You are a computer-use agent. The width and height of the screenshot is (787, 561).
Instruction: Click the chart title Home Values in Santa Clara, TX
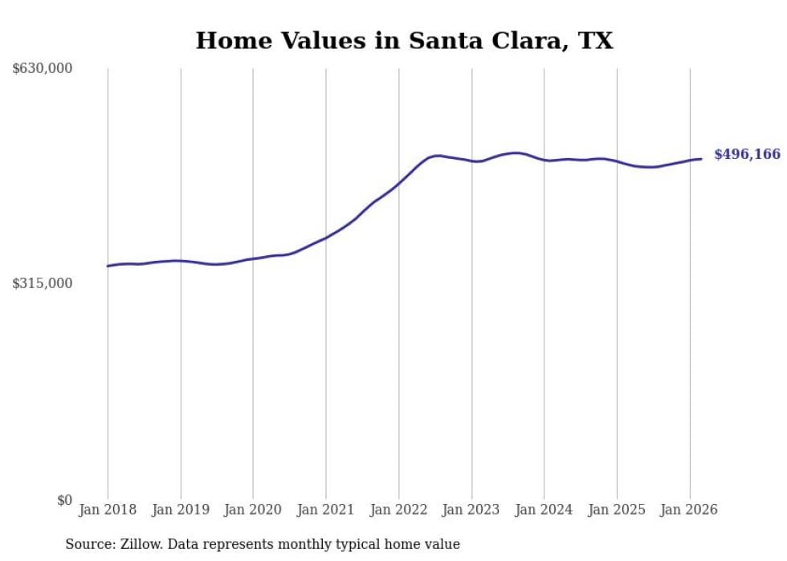coord(404,40)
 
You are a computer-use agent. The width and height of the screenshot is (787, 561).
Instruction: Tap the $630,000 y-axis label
coord(43,69)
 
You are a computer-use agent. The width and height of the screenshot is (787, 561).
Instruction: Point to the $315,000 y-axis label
coord(43,283)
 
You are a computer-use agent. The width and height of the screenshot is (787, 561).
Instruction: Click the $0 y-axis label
coord(64,500)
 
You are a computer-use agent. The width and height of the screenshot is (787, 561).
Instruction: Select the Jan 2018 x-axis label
coord(108,510)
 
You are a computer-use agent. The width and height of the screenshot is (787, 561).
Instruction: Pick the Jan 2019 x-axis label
coord(181,510)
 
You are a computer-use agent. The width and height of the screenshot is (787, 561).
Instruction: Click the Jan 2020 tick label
coord(253,510)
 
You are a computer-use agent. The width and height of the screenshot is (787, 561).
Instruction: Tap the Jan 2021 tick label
coord(326,510)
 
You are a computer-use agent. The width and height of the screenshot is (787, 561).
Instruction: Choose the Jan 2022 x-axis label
coord(399,510)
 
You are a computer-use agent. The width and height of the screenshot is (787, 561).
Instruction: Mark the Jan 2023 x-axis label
coord(471,510)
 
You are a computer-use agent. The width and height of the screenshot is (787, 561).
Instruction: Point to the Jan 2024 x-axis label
coord(544,510)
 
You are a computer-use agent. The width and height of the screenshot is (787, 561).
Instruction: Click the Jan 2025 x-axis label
coord(617,510)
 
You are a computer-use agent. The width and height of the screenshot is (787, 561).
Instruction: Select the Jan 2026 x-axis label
coord(690,510)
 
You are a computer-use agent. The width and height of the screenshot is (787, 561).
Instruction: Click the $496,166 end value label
coord(747,154)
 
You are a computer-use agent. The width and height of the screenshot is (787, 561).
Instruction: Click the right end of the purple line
coord(701,159)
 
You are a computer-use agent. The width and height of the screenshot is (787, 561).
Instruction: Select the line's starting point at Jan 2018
coord(108,266)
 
